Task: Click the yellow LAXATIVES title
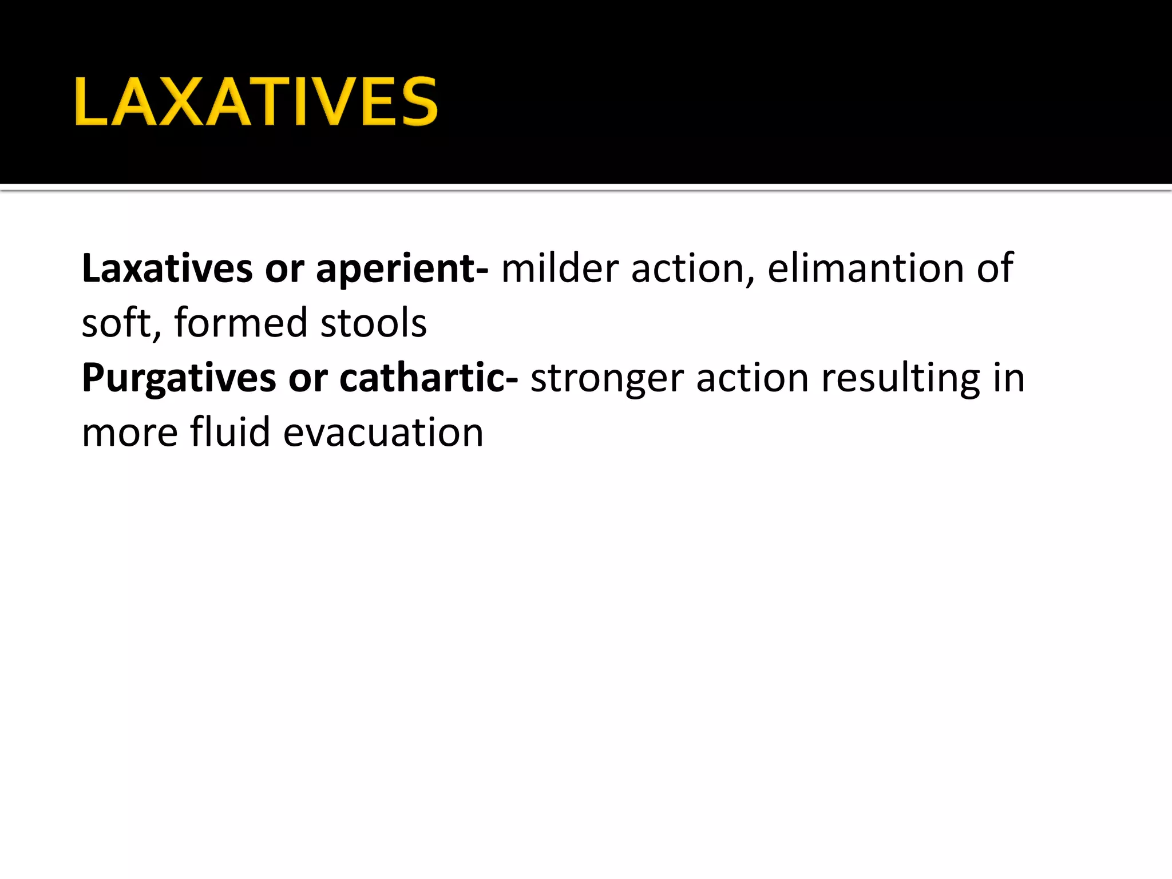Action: pos(256,102)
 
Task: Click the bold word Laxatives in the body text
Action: pos(167,268)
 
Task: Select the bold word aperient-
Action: pos(402,268)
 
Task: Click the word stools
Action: pos(373,323)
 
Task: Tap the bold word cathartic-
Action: pos(429,378)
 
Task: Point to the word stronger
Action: pos(607,379)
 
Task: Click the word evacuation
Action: pos(383,433)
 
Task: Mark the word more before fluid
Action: pos(129,433)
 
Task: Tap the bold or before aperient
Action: pos(284,270)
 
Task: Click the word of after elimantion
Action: pos(995,268)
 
